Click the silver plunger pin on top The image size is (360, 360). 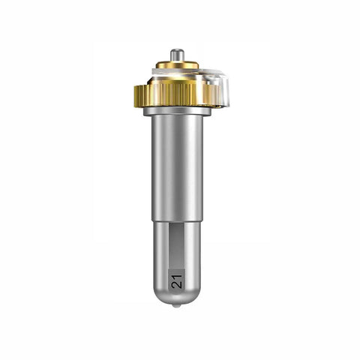click(x=177, y=55)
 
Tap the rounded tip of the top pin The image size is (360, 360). click(x=177, y=50)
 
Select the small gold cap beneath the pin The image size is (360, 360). click(x=177, y=64)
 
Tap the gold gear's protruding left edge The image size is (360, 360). click(x=138, y=96)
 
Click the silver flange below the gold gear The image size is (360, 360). click(x=177, y=112)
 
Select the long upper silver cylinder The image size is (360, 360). click(x=177, y=168)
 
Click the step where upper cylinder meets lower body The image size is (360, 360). click(x=177, y=221)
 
